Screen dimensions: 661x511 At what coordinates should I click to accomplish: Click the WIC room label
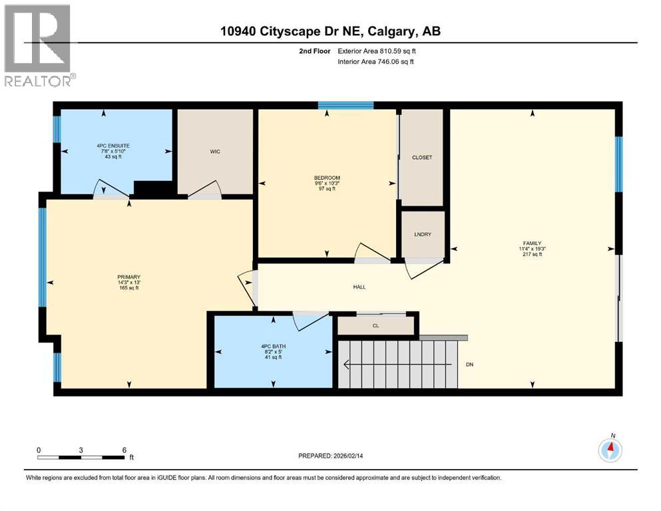(214, 152)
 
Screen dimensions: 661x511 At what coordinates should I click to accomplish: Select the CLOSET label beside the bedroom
(422, 158)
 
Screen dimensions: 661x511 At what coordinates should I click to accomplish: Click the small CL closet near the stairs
(376, 326)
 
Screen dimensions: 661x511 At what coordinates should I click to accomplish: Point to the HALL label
(359, 287)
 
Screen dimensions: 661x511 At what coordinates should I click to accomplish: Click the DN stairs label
(469, 365)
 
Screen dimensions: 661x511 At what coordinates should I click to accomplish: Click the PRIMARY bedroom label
(128, 282)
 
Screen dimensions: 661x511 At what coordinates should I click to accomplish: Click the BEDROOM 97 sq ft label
(327, 183)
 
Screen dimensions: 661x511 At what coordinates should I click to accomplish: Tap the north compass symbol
(610, 450)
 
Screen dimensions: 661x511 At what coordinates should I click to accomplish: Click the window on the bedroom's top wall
(345, 105)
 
